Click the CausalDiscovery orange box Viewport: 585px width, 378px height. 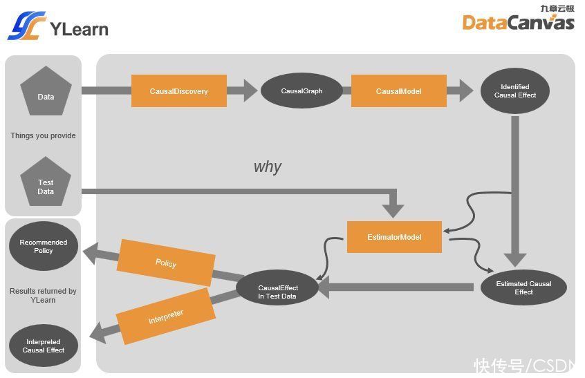click(178, 91)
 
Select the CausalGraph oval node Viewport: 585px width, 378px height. click(301, 91)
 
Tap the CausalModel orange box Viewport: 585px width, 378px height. click(398, 91)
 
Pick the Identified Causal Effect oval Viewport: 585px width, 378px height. click(515, 91)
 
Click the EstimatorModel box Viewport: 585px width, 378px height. click(394, 237)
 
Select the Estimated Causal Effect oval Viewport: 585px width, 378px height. click(523, 287)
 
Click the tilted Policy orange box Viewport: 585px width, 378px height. click(166, 263)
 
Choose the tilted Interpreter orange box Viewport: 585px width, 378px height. click(166, 316)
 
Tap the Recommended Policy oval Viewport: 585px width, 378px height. click(44, 246)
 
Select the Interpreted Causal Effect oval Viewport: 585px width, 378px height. click(44, 346)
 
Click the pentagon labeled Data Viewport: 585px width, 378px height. click(46, 92)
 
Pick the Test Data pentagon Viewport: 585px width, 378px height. click(46, 182)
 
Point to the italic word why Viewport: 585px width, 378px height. click(268, 167)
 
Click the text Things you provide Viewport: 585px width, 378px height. click(43, 135)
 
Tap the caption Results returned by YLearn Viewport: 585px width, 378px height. click(43, 295)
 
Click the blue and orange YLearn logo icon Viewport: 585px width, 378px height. click(27, 26)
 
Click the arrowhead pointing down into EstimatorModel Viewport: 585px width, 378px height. click(393, 211)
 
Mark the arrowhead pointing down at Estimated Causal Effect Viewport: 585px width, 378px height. click(515, 260)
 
